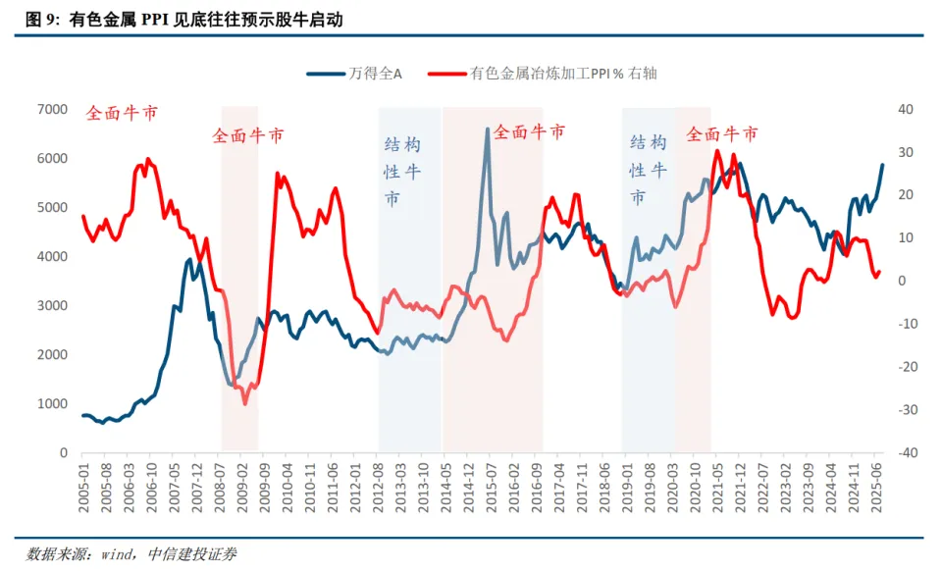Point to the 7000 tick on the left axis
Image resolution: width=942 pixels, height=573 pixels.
click(x=50, y=109)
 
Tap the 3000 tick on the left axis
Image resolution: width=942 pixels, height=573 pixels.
click(x=50, y=305)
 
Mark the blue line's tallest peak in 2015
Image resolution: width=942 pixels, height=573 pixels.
click(x=488, y=129)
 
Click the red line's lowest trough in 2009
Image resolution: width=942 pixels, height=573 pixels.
click(x=245, y=403)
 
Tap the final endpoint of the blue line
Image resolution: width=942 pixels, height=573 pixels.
click(x=881, y=165)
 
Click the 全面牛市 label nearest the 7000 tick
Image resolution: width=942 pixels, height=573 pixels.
click(x=122, y=112)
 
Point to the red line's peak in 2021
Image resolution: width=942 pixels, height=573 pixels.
click(x=716, y=150)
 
